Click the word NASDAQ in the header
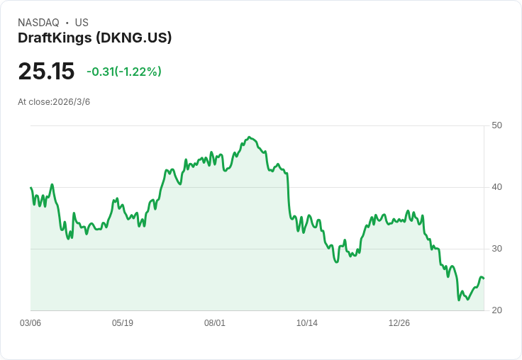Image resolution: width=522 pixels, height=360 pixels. click(x=38, y=23)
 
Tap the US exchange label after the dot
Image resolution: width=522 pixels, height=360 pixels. click(x=82, y=23)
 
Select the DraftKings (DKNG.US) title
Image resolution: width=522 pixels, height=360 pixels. click(x=94, y=38)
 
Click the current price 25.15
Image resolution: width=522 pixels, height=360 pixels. click(x=46, y=72)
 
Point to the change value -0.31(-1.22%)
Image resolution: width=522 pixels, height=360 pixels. click(x=124, y=72)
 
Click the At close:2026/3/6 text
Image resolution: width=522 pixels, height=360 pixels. click(x=54, y=102)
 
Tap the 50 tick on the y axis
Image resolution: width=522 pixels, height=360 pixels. click(x=496, y=125)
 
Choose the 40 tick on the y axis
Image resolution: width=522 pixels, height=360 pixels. click(x=496, y=187)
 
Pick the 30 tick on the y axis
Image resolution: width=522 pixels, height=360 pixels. click(x=496, y=249)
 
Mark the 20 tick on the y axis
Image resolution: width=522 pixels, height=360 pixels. click(x=496, y=310)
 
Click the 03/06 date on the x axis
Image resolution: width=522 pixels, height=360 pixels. click(x=30, y=323)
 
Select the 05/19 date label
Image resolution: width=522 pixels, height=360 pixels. click(x=123, y=323)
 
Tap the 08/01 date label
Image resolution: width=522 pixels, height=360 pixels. click(x=215, y=323)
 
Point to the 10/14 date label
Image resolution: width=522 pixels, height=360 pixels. click(x=307, y=323)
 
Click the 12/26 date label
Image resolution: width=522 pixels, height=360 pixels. click(x=399, y=323)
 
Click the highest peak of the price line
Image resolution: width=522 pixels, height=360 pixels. click(x=248, y=137)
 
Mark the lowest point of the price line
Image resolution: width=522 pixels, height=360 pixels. click(x=459, y=300)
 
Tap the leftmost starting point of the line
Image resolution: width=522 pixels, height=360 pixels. click(x=30, y=188)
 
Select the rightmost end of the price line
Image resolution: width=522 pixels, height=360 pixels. click(x=484, y=279)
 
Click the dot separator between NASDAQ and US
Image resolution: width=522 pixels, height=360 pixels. click(x=67, y=23)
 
